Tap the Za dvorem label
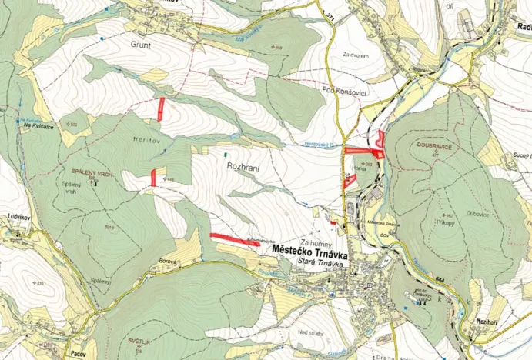356,54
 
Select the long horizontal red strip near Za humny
235,239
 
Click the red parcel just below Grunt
161,109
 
